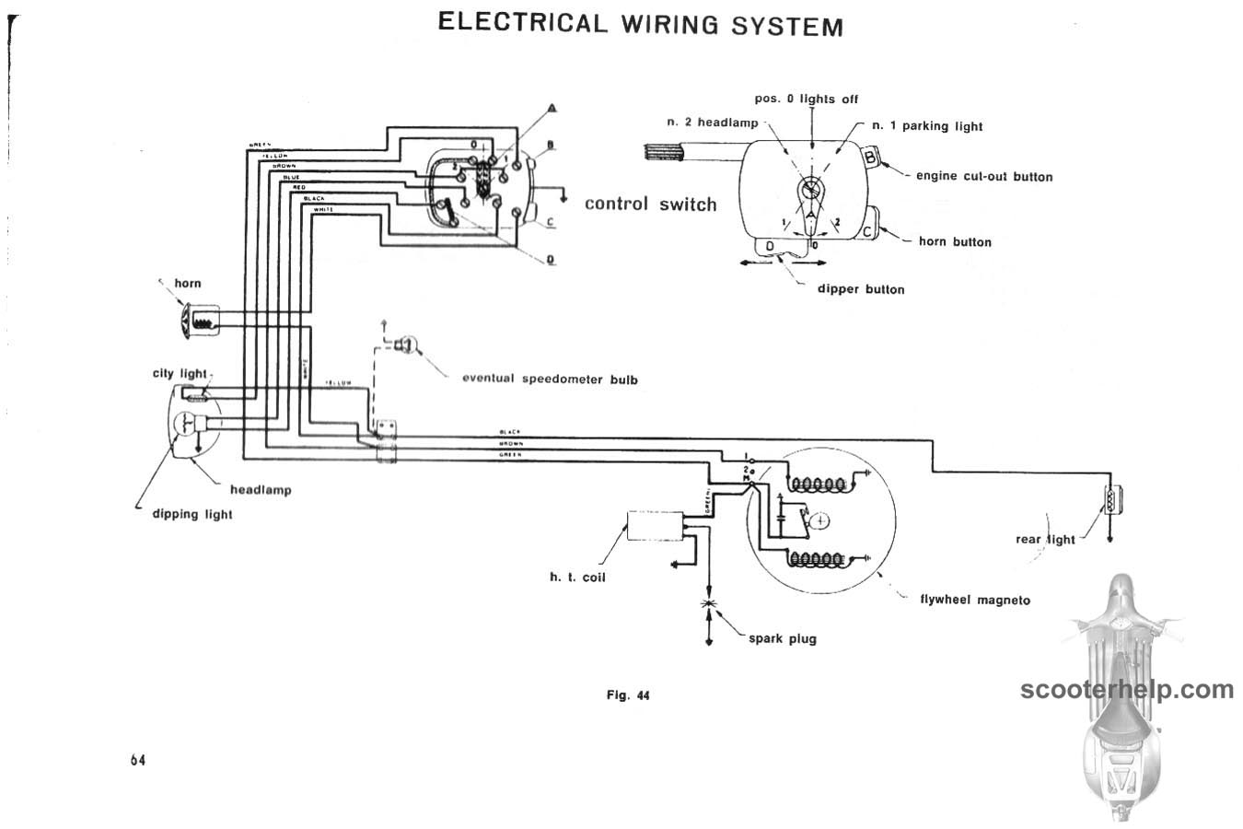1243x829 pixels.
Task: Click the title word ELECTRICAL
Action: coord(522,22)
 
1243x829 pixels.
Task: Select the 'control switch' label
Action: coord(650,204)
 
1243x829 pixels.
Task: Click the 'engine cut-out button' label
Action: coord(983,176)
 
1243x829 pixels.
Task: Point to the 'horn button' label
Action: coord(955,241)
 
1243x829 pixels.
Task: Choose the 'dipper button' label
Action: coord(861,289)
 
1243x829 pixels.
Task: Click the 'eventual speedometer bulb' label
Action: coord(549,379)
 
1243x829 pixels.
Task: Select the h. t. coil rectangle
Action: coord(655,526)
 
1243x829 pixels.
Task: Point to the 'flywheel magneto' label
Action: coord(975,600)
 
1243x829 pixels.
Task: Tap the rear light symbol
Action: coord(1111,500)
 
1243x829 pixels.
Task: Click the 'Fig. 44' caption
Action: coord(628,695)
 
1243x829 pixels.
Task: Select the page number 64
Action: coord(138,760)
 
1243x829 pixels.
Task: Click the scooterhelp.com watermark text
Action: coord(1126,689)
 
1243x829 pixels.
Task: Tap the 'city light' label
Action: coord(180,373)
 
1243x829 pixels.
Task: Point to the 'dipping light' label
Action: coord(192,514)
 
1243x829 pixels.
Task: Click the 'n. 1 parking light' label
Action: coord(927,126)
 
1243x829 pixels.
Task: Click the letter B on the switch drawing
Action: coord(870,158)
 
